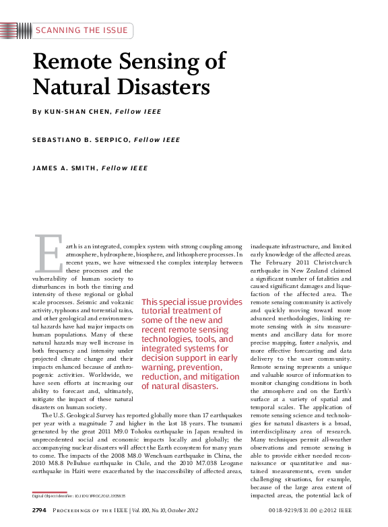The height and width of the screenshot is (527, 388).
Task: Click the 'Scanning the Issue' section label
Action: [x=80, y=30]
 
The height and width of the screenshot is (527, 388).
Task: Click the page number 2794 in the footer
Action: [x=39, y=511]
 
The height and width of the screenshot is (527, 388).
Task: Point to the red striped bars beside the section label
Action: [x=15, y=30]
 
